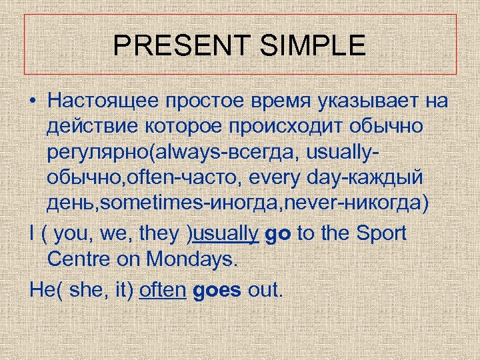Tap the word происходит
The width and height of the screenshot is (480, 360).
pyautogui.click(x=287, y=127)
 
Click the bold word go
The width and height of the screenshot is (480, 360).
pyautogui.click(x=278, y=234)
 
